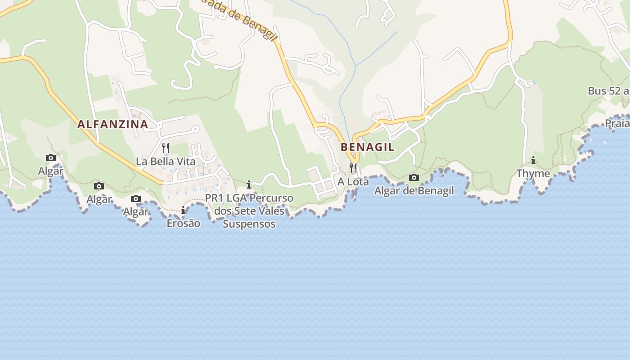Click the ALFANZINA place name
point(112,124)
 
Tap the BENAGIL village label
point(367,147)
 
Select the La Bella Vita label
point(166,162)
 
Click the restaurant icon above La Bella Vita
point(166,148)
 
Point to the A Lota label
point(353,182)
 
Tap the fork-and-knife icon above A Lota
point(353,168)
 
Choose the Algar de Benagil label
point(414,191)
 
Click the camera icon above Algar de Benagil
point(414,177)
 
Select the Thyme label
point(533,174)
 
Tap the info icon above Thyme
point(533,160)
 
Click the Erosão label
point(183,223)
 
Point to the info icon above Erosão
point(183,210)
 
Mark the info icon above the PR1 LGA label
point(249,184)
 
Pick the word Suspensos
point(249,224)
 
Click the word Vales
point(271,211)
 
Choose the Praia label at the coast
point(617,123)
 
